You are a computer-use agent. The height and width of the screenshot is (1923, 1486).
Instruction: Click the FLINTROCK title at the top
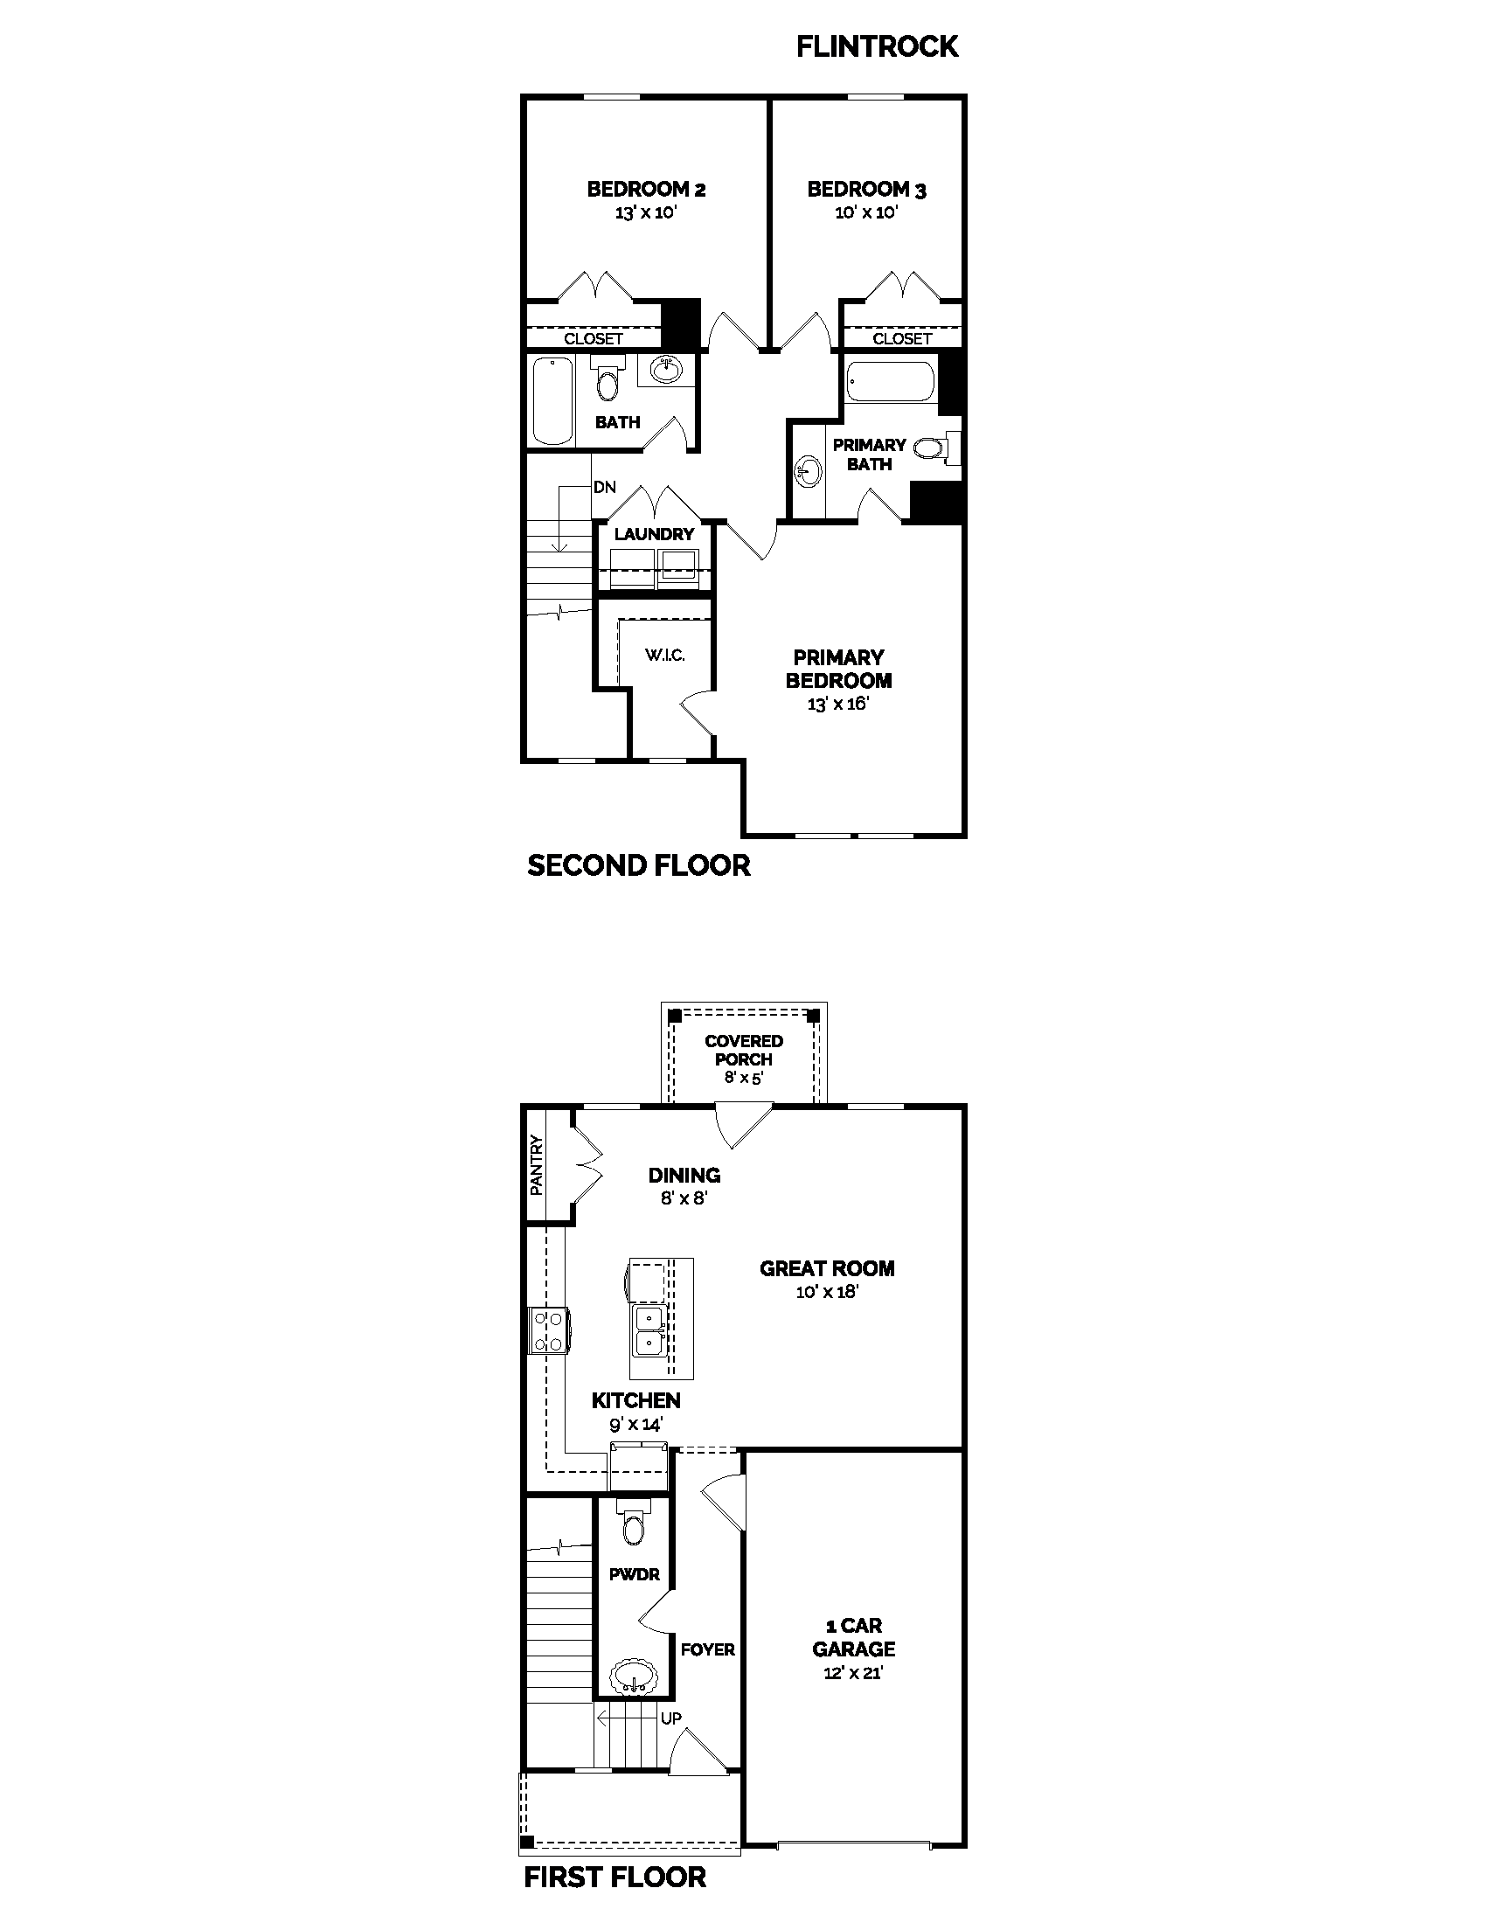(876, 45)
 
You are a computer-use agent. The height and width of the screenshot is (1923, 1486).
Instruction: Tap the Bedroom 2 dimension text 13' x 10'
(645, 212)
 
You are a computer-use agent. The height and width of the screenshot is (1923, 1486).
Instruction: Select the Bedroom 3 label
(866, 190)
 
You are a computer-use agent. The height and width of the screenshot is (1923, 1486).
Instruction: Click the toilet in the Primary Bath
(933, 448)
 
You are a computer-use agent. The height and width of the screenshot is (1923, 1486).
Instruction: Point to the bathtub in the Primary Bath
(889, 382)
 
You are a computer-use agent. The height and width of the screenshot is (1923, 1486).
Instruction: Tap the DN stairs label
(604, 487)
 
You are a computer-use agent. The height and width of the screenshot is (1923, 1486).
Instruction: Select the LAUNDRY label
(654, 534)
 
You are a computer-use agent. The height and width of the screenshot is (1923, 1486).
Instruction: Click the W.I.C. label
(664, 655)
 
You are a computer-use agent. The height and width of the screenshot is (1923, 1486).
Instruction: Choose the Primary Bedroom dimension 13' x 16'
(838, 705)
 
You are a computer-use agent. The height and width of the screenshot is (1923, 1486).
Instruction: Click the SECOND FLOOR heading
(638, 865)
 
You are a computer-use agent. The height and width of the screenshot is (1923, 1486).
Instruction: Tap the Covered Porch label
(744, 1050)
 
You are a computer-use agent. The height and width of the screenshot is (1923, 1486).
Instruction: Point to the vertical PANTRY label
(536, 1165)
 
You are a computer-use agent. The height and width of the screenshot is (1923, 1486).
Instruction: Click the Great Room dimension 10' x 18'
(827, 1292)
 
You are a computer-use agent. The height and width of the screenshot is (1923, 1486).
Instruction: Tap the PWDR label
(634, 1574)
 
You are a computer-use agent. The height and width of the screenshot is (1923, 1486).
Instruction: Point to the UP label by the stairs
(670, 1718)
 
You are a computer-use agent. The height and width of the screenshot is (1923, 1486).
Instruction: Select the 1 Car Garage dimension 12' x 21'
(853, 1673)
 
